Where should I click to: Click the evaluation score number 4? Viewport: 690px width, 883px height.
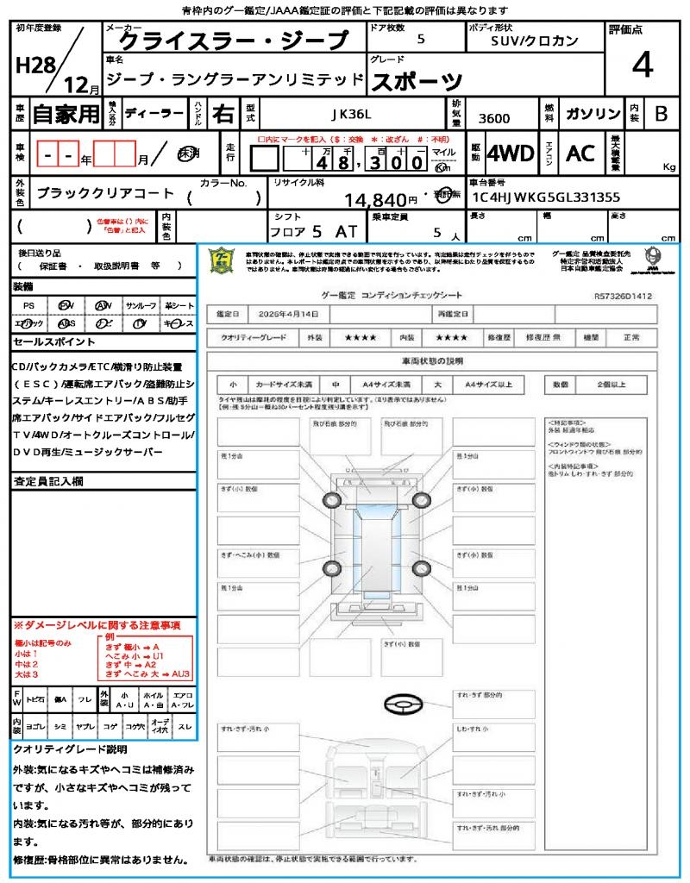coord(642,66)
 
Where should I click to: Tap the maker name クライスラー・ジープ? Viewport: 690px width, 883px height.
coord(232,41)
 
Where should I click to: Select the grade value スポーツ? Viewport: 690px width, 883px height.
coord(417,81)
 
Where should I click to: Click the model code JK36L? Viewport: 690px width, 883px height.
coord(351,113)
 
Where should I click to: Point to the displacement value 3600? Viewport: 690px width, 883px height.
coord(493,118)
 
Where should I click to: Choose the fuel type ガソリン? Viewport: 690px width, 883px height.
coord(593,113)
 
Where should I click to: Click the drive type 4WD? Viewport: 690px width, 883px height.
coord(510,153)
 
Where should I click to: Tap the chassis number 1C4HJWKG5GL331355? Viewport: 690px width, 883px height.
coord(546,197)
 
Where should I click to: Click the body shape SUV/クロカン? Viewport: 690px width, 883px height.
coord(535,41)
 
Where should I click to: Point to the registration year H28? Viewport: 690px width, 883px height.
coord(33,66)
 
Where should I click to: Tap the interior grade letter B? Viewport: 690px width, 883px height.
coord(661,113)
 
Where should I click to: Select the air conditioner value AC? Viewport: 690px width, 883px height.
coord(580,153)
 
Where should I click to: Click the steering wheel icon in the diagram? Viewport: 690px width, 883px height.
coord(401,705)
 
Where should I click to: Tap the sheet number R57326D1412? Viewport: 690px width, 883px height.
coord(623,295)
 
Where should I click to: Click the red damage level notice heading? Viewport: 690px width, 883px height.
coord(97,624)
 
